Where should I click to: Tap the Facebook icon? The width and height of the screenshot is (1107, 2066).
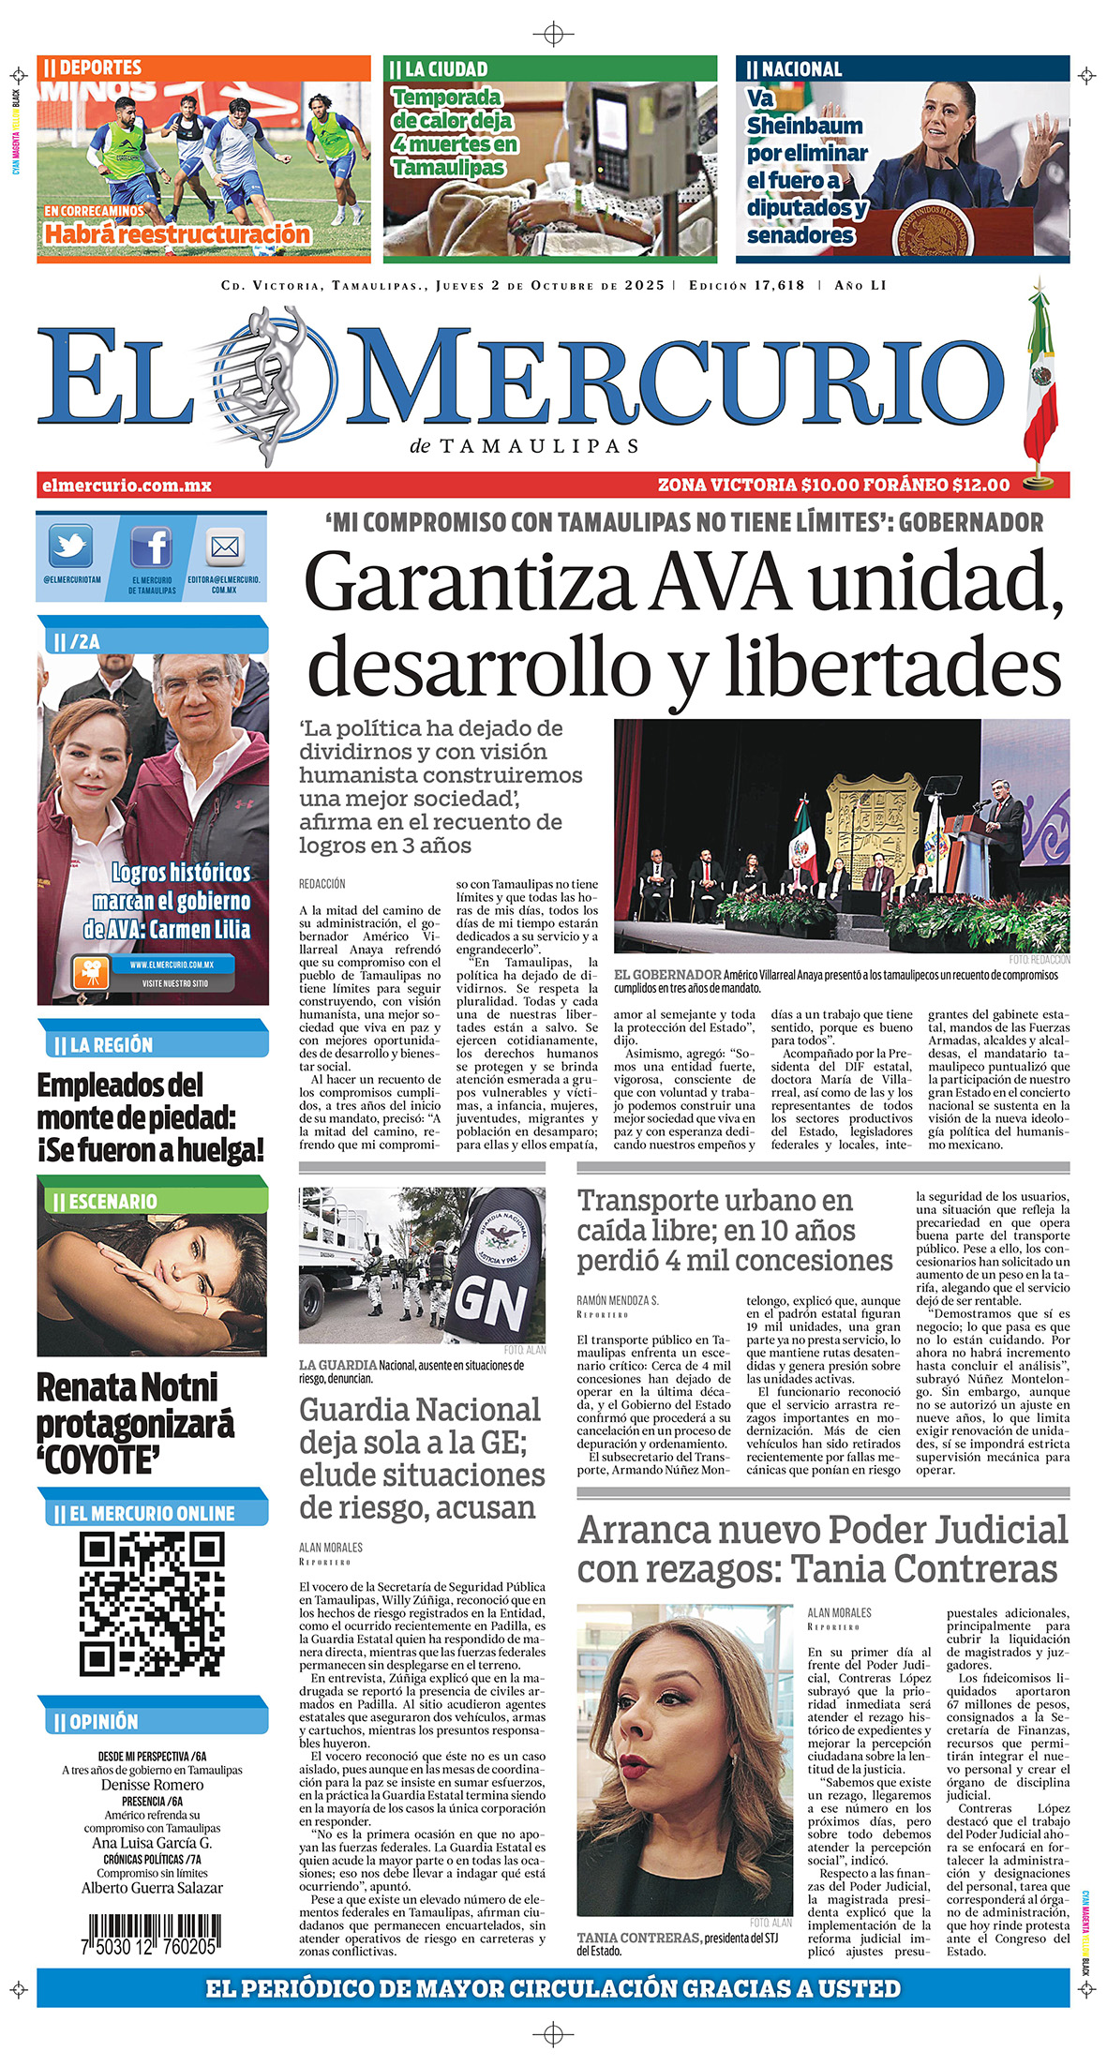tap(150, 546)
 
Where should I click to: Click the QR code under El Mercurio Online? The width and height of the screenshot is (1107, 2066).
tap(152, 1604)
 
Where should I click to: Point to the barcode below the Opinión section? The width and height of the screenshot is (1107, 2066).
tap(152, 1933)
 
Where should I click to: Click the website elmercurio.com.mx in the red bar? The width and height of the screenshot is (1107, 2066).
tap(127, 486)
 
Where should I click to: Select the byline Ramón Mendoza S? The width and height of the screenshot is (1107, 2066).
tap(618, 1301)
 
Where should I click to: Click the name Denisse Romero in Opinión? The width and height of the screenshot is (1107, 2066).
tap(152, 1785)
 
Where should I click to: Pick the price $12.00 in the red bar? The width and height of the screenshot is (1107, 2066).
tap(980, 486)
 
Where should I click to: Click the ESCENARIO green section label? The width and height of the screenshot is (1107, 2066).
tap(113, 1202)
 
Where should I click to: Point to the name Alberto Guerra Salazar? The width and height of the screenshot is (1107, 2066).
tap(152, 1888)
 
